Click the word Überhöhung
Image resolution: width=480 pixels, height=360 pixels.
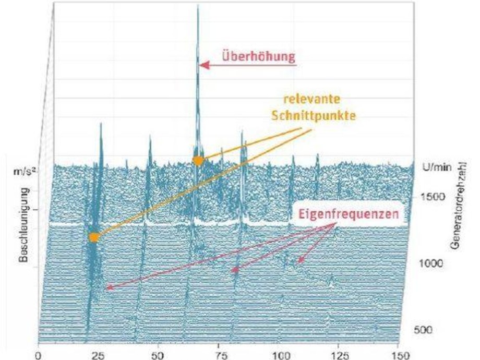pyautogui.click(x=259, y=55)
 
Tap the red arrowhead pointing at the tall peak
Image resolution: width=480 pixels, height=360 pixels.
pyautogui.click(x=204, y=65)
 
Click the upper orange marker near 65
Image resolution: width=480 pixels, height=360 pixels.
pyautogui.click(x=198, y=161)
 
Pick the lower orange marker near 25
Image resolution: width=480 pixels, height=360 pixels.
pyautogui.click(x=93, y=237)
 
